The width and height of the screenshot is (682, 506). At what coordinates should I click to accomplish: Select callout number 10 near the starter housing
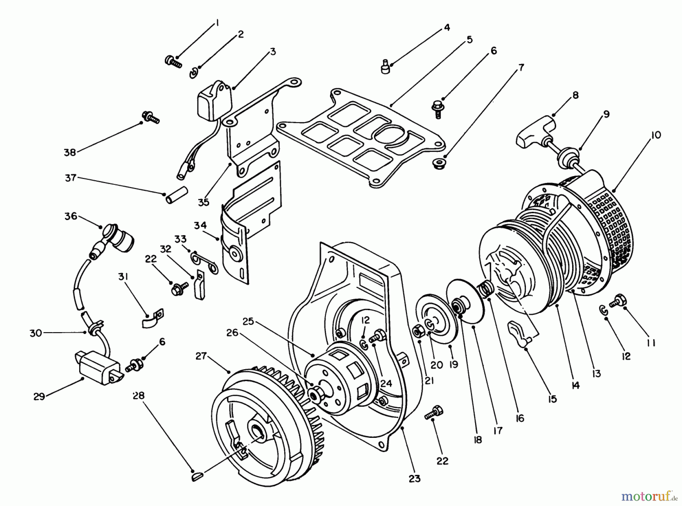(656, 135)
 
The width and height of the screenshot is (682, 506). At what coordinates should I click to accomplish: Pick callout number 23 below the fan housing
(415, 479)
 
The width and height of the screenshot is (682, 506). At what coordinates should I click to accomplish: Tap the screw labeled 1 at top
(173, 61)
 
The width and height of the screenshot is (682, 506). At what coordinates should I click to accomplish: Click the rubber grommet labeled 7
(438, 164)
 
